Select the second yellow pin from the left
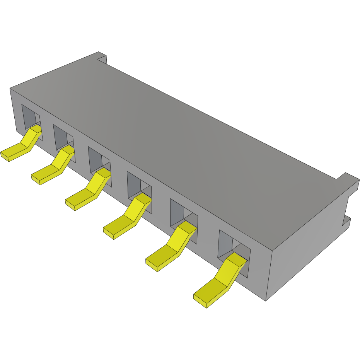tap(54, 166)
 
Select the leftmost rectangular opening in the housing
tap(29, 118)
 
